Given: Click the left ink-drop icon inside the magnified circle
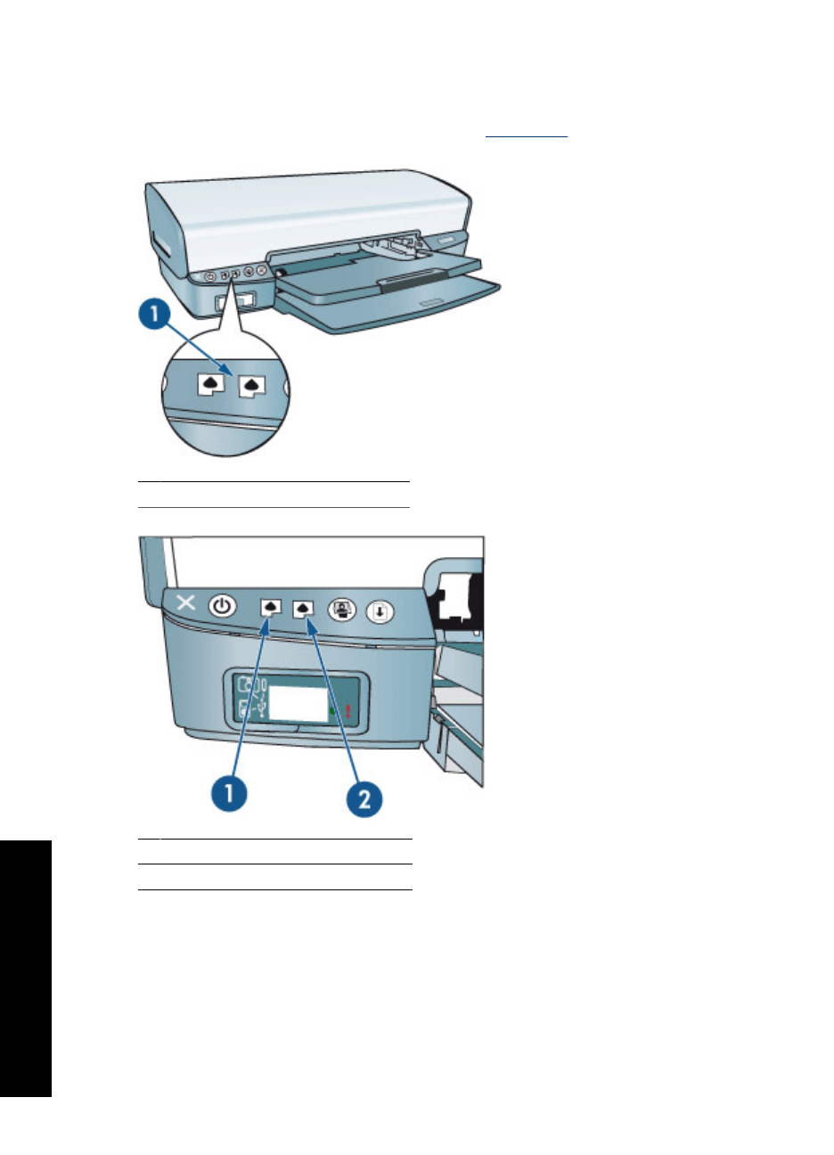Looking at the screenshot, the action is tap(210, 384).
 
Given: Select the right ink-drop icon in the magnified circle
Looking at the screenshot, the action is tap(253, 385).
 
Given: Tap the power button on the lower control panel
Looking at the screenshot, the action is tap(222, 608).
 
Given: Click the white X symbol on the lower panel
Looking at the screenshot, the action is tap(185, 602).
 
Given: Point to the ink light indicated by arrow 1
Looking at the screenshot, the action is tap(270, 609).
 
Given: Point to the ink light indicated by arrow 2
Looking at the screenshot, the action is tap(305, 609).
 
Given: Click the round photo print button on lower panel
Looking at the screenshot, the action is tap(341, 610).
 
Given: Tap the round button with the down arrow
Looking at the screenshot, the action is tap(380, 611).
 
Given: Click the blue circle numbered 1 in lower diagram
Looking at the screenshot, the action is tap(228, 792).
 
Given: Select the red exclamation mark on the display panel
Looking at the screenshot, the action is tap(347, 710).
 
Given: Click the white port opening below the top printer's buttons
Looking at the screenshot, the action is tap(247, 300).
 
